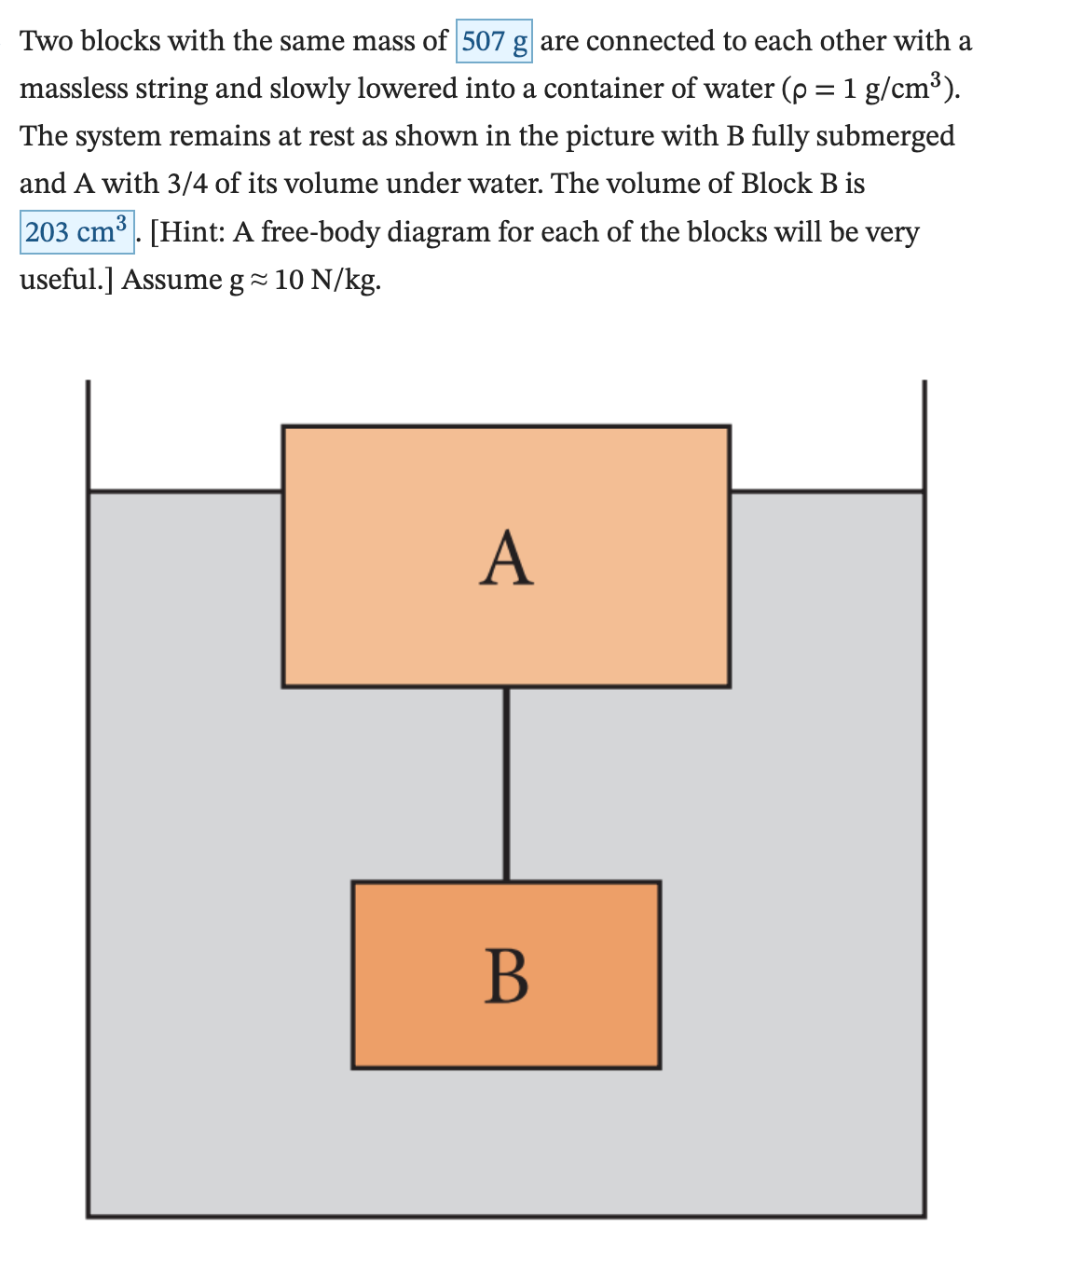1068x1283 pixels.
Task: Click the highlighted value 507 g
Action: tap(494, 41)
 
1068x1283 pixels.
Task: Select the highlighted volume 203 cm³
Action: tap(76, 231)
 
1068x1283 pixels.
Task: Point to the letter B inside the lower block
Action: tap(507, 976)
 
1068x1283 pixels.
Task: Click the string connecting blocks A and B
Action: tap(506, 783)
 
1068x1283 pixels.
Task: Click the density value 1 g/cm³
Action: tap(894, 89)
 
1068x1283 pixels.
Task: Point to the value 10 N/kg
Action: tap(325, 280)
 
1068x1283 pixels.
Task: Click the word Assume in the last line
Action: tap(171, 280)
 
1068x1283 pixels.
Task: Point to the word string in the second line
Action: tap(174, 89)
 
